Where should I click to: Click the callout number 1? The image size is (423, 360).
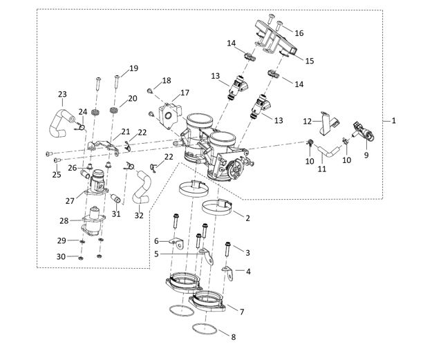393,120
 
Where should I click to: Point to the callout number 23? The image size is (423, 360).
62,93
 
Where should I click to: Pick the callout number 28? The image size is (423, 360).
64,221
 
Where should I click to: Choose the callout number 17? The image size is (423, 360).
184,93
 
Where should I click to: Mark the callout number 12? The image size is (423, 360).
308,122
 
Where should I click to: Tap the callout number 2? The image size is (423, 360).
247,217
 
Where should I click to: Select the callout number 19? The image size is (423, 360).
133,68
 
